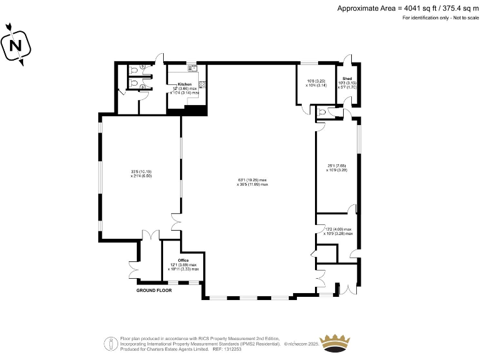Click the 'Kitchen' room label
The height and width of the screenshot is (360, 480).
[184, 84]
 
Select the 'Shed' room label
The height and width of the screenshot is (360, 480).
[347, 79]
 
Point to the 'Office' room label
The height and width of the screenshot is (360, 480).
[183, 260]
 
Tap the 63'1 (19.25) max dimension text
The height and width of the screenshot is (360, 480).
[252, 180]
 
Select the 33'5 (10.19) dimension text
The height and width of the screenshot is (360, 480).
[141, 172]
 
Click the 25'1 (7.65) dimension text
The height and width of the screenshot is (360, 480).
[336, 165]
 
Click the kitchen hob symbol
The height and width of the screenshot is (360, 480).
[202, 84]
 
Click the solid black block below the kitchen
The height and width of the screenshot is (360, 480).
[196, 111]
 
